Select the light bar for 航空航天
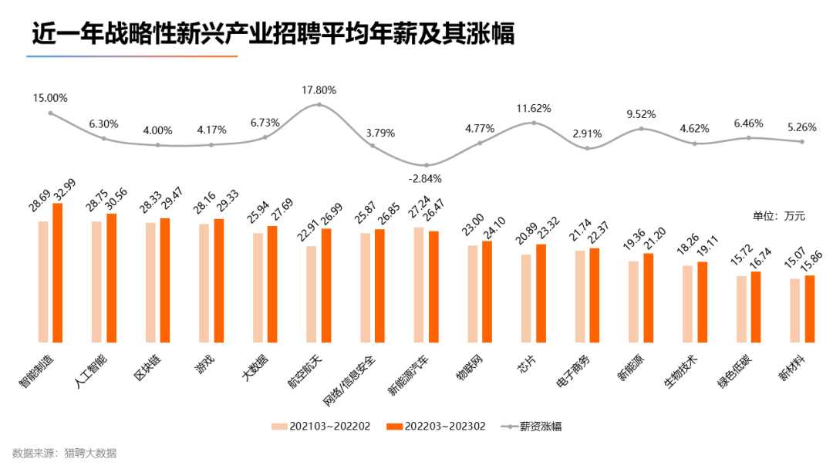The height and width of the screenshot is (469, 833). click(311, 294)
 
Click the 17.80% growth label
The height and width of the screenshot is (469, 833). click(319, 90)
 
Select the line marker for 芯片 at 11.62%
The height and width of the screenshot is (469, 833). click(533, 123)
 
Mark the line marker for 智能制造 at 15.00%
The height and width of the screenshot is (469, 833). click(51, 113)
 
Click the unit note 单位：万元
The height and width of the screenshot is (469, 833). click(778, 216)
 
